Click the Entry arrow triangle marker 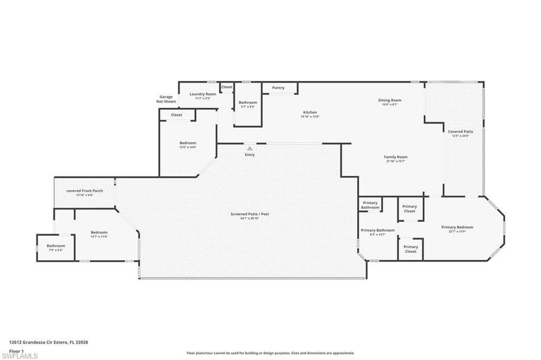coord(250,149)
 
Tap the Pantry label coord(278,88)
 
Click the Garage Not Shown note coord(167,99)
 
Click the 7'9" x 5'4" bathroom coord(55,248)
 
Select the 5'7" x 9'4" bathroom coord(248,104)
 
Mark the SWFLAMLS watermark coord(20,355)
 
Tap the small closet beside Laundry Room coord(227,87)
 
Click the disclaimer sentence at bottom coord(270,353)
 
